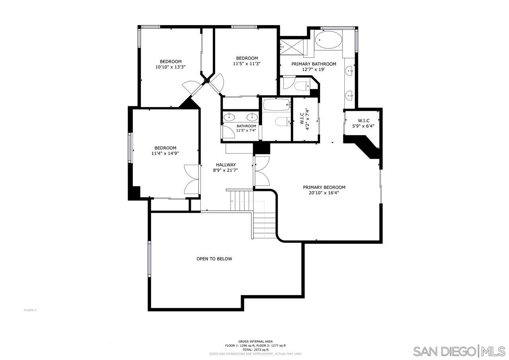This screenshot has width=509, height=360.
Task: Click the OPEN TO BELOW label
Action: point(214,259)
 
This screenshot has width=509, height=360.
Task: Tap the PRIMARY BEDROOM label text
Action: point(324,187)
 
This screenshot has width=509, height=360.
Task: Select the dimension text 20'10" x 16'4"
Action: point(324,193)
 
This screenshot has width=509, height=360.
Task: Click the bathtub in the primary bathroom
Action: point(328,40)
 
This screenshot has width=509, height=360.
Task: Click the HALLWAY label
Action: point(226,165)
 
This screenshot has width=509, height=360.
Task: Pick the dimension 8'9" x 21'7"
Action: point(226,170)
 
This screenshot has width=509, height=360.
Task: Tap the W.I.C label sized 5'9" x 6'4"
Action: point(363,121)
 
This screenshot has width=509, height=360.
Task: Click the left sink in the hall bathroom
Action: point(229,117)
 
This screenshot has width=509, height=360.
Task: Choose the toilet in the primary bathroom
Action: point(301,85)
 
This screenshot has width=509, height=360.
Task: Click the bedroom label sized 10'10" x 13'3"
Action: point(171,62)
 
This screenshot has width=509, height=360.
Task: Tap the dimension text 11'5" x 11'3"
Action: point(247,63)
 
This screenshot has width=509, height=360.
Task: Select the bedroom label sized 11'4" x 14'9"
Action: point(165,148)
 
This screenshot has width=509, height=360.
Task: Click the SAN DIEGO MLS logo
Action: point(459,351)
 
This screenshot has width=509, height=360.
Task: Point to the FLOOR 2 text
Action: point(30,310)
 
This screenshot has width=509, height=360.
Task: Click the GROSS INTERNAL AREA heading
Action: point(255,341)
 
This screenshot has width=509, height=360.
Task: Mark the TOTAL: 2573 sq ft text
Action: point(256,349)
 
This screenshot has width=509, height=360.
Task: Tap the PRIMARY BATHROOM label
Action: point(313,64)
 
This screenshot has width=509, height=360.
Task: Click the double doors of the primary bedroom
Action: point(262,171)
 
